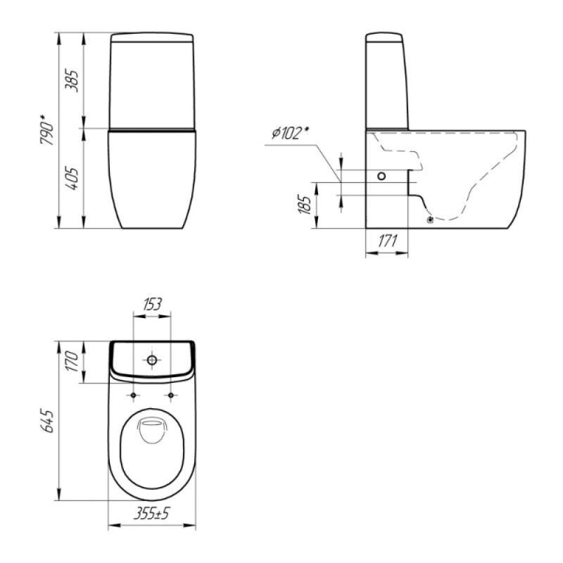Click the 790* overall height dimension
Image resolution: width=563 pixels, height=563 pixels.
click(47, 130)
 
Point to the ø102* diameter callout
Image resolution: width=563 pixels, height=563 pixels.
click(291, 133)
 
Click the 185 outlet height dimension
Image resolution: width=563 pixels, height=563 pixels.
click(305, 205)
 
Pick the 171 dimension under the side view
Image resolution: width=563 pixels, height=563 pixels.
click(388, 241)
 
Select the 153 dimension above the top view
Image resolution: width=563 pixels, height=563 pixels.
click(152, 305)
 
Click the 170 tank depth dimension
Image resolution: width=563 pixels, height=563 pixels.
click(72, 362)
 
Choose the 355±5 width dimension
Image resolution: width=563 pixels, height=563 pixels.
click(151, 514)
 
